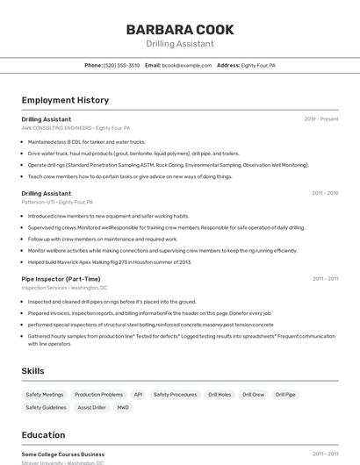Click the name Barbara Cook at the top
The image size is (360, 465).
[179, 29]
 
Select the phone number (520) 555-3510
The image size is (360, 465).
[121, 65]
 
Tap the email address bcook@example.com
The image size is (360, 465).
[187, 65]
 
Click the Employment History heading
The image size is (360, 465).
[65, 100]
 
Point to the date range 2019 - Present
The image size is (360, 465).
[321, 118]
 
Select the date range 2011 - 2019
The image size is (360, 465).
[325, 193]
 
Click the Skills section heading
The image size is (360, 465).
[33, 371]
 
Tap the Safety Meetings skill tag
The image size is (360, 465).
[45, 395]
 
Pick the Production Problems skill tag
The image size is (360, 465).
[99, 395]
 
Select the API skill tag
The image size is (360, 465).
[138, 395]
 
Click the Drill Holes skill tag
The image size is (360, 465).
[220, 395]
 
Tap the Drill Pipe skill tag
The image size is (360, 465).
[285, 395]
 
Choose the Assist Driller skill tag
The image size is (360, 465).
[91, 407]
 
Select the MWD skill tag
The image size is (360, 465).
[123, 407]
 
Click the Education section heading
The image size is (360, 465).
[43, 434]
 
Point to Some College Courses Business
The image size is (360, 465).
[63, 454]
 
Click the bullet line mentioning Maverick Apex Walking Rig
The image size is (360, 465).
[110, 261]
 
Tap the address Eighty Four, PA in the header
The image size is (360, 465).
[258, 65]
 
